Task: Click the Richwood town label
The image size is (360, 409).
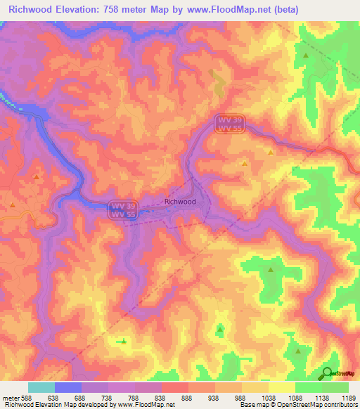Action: coord(179,201)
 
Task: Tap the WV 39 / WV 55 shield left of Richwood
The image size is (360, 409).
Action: coord(124,209)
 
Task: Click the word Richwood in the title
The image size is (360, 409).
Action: coord(32,10)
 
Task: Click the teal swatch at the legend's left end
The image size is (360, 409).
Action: coord(41,387)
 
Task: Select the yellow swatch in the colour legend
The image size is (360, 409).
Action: coord(281,387)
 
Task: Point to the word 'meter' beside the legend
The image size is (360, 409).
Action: coord(10,397)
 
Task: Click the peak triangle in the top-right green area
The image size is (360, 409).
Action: coord(306,54)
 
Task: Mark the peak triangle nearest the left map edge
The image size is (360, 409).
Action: coord(13,204)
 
